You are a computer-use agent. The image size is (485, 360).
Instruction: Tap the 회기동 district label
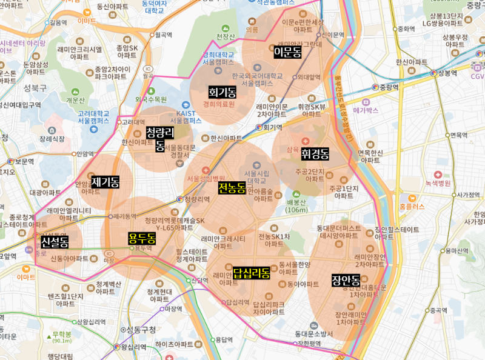pos(222,92)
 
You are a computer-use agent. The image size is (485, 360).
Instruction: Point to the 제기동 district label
pos(105,181)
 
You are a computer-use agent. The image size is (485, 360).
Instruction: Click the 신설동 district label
pos(55,242)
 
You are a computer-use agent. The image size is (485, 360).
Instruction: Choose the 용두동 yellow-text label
pos(142,238)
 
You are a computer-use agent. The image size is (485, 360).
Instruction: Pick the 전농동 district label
pos(232,188)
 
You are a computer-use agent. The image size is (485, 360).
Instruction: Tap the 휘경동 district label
pos(315,154)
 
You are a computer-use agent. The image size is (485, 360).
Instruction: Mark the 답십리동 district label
pos(251,273)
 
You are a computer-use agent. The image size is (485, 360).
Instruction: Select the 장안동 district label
pos(346,280)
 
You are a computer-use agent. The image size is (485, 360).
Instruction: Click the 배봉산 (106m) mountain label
pos(298,206)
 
